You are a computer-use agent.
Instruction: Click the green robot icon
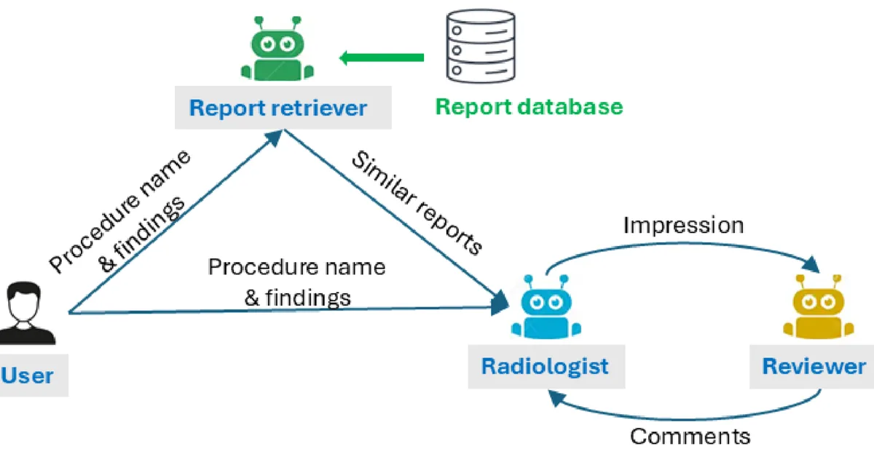277,50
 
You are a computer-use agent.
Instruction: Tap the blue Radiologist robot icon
542,309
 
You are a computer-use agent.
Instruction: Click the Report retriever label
277,108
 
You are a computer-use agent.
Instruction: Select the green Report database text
529,107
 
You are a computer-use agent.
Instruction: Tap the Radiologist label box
545,365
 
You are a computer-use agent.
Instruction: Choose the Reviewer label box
814,365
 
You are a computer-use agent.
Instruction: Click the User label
29,375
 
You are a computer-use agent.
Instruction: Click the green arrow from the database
382,57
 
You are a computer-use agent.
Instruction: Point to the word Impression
683,225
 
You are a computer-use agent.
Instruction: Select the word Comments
690,436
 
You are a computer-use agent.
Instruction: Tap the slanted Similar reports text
417,203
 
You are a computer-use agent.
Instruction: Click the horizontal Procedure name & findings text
296,282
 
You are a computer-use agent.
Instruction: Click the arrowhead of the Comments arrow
555,396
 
